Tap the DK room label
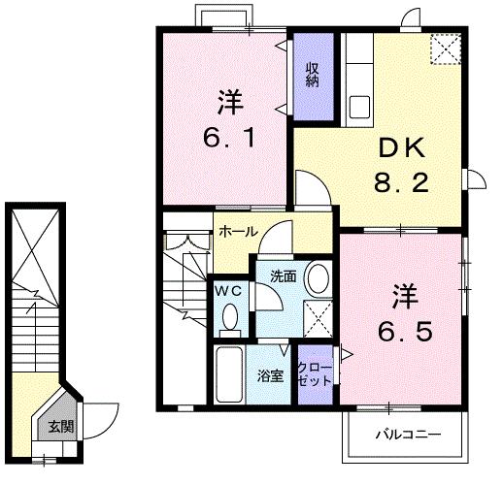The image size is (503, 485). [400, 147]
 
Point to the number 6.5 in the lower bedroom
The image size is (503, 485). [403, 329]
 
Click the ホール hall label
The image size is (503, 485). [238, 232]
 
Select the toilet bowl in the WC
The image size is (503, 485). [230, 316]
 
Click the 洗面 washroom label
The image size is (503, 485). [283, 275]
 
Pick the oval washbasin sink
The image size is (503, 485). [318, 276]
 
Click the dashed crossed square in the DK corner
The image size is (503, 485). [447, 48]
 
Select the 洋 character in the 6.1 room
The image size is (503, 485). [229, 100]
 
